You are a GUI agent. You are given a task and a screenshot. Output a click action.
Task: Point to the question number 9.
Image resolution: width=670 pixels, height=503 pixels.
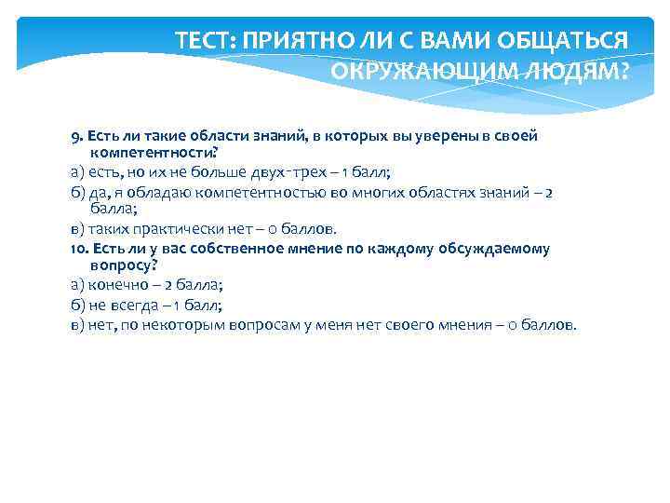point(75,135)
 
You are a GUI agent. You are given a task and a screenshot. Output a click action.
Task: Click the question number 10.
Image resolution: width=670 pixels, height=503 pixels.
point(78,249)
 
